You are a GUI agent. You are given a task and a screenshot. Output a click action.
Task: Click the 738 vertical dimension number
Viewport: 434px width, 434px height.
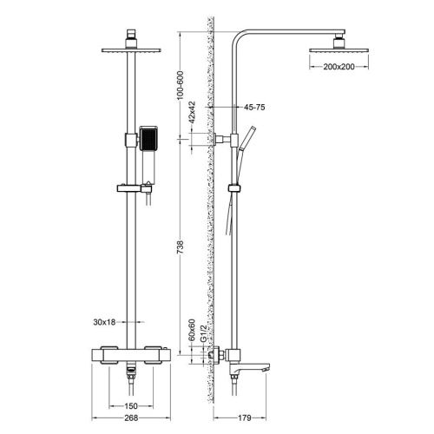tap(181, 245)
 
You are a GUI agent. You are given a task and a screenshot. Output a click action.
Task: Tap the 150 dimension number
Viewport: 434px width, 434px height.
tap(129, 404)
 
